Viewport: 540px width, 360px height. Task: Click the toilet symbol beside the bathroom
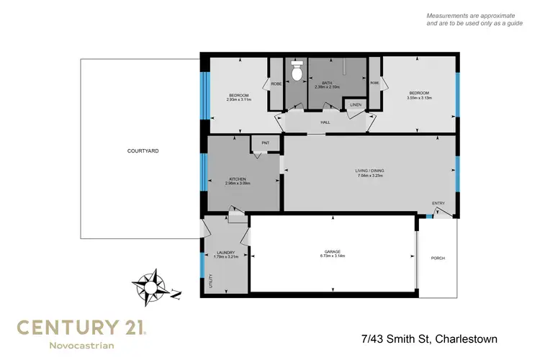tap(296, 71)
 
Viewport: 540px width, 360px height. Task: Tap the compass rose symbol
tap(153, 286)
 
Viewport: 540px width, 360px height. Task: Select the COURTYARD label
tap(143, 151)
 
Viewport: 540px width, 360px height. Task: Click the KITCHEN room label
tap(238, 179)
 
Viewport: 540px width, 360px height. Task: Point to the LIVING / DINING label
tap(369, 171)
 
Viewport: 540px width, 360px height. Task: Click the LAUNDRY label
tap(225, 252)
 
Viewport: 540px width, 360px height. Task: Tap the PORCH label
tap(437, 258)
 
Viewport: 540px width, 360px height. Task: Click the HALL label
tap(325, 122)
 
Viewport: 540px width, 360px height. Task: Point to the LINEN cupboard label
tap(355, 106)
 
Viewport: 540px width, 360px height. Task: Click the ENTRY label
tap(438, 203)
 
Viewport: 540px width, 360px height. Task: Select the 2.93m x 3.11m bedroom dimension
tap(238, 99)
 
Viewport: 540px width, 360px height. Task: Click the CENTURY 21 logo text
tap(81, 328)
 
